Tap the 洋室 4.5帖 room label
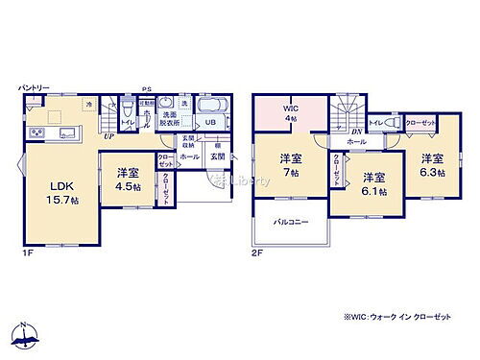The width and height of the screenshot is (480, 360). (x=129, y=180)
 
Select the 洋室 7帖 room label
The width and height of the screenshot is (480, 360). (x=290, y=166)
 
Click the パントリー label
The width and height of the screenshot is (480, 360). (x=33, y=89)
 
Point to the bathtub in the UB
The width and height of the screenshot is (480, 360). (x=212, y=107)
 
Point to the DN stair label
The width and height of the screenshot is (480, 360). (x=356, y=131)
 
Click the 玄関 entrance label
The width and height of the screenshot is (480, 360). (x=219, y=156)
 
